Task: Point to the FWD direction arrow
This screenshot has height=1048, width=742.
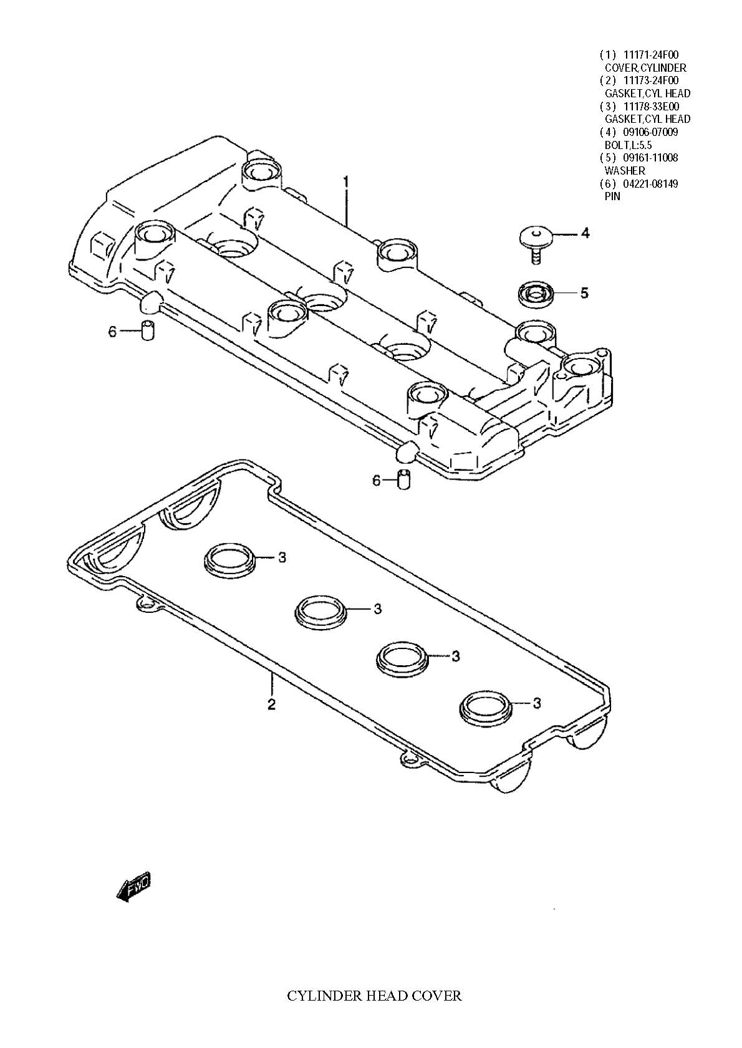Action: click(133, 886)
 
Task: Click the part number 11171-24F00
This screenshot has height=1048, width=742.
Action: click(651, 55)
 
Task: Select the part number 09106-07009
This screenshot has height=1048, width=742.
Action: click(650, 132)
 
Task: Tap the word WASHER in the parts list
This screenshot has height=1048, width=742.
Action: click(625, 171)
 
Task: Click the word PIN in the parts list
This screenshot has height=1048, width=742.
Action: click(612, 196)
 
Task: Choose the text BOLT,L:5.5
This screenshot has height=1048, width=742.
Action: click(628, 145)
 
